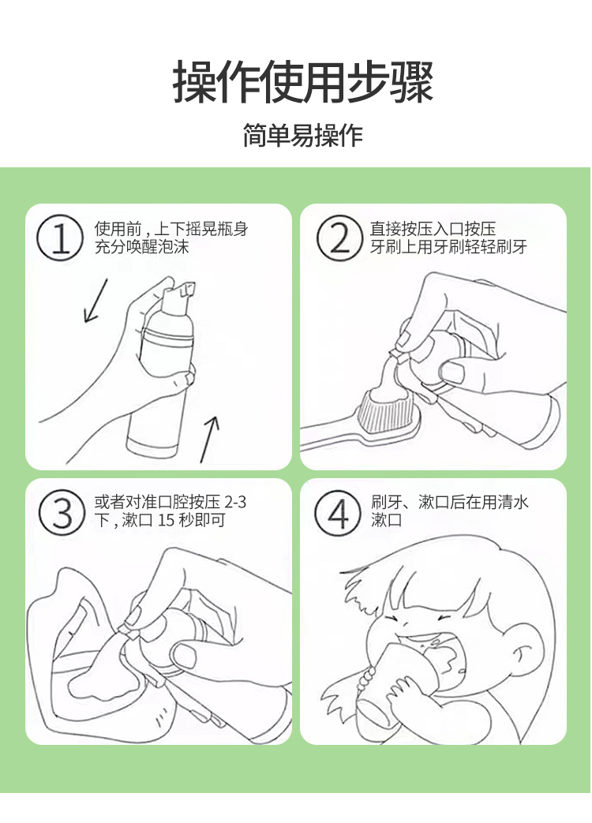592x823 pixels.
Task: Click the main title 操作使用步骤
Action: point(303,82)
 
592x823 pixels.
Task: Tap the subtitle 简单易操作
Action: point(303,136)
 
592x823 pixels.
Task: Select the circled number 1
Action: point(59,238)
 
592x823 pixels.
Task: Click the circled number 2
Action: point(339,238)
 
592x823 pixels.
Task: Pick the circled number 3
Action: point(62,512)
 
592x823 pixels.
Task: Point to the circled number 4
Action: point(338,512)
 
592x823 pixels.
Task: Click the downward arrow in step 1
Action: point(96,300)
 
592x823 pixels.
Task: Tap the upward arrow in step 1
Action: point(209,440)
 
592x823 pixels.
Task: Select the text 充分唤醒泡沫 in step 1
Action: point(142,247)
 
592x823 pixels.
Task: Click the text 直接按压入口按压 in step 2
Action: point(433,229)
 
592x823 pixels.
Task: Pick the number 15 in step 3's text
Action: point(166,520)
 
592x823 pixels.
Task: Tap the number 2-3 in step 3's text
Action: point(235,503)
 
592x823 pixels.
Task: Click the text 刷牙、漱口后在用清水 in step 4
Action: point(450,502)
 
